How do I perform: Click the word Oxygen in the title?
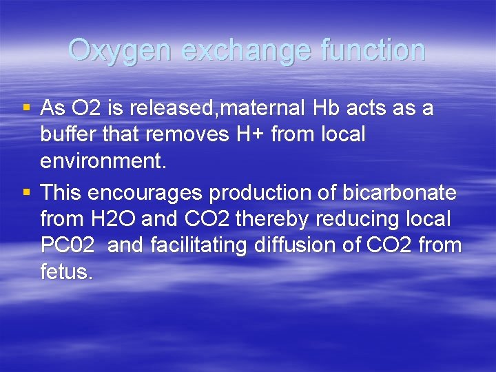coord(123,51)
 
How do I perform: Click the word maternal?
coord(261,108)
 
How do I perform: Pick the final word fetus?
coord(65,272)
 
